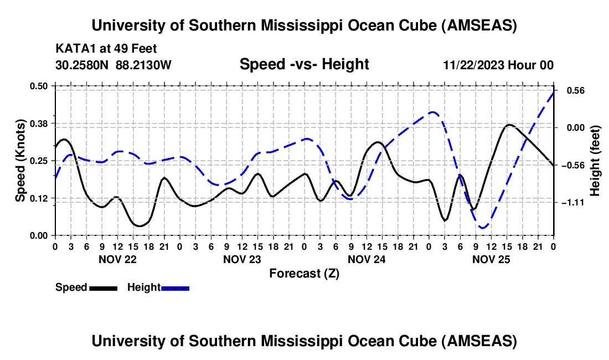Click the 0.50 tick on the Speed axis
38,86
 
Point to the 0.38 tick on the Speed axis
38,123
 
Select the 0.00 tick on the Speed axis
38,235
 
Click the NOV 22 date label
117,259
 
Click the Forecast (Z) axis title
304,273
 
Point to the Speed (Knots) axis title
20,161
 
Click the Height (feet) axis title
595,161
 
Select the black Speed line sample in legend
102,287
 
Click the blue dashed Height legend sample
175,287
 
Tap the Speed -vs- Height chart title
304,64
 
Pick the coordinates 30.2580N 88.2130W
114,65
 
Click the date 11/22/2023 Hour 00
498,65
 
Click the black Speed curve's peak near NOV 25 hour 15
509,125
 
